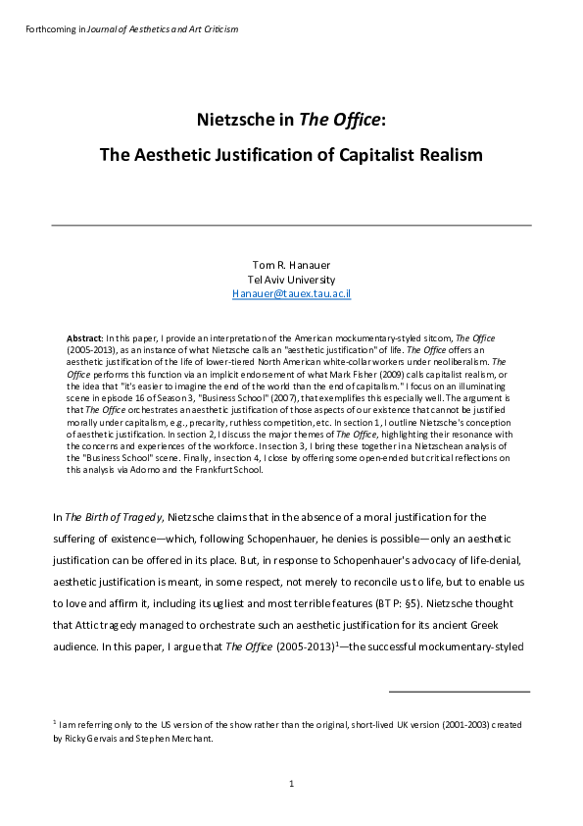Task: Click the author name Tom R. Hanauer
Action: [292, 265]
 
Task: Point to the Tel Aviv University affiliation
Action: [292, 279]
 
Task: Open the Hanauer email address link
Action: [292, 293]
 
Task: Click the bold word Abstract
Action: [84, 336]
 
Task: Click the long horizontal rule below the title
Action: [291, 226]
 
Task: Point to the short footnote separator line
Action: [460, 692]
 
